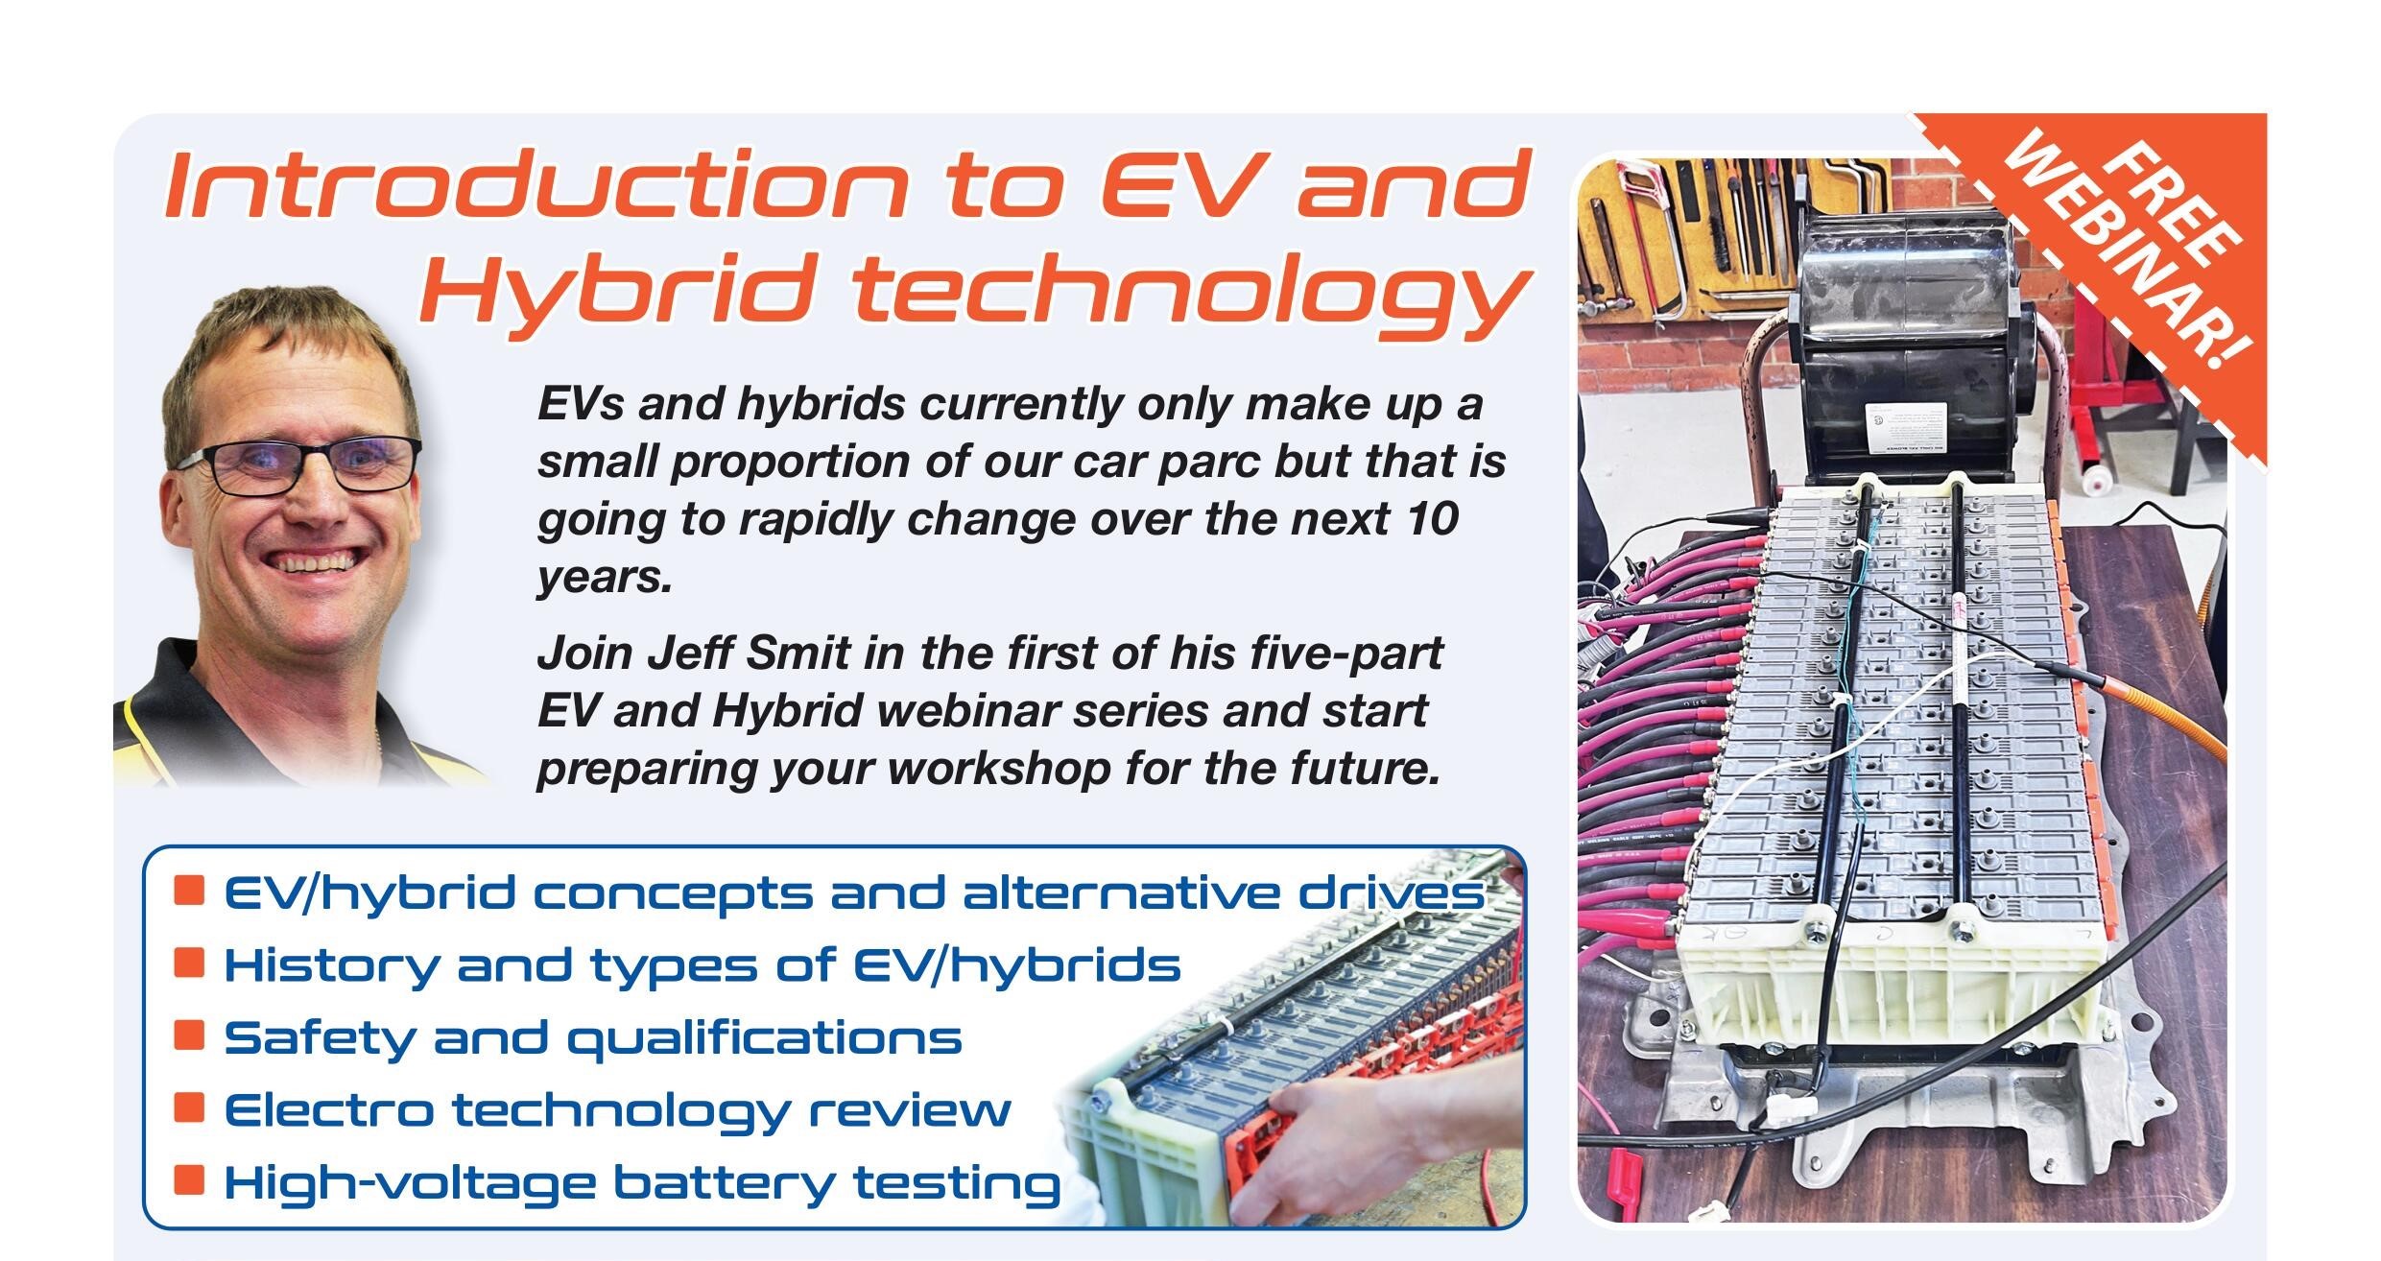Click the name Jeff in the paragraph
(x=685, y=654)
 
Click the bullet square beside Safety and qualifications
(x=190, y=1035)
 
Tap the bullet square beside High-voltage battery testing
(x=190, y=1179)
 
